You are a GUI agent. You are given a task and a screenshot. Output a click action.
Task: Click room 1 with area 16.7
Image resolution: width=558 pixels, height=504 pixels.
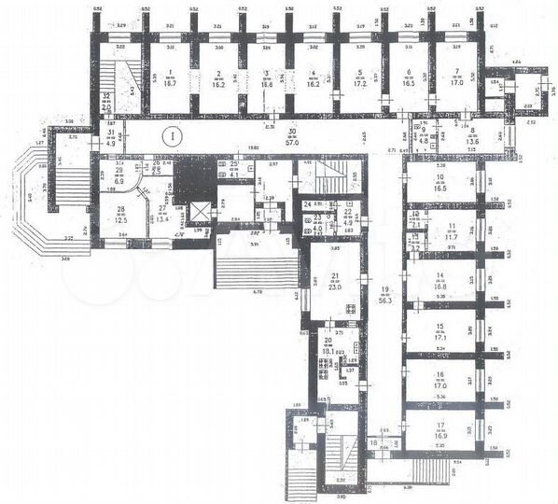click(170, 77)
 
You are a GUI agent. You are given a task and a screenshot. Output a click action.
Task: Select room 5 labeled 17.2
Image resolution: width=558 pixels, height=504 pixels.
click(359, 77)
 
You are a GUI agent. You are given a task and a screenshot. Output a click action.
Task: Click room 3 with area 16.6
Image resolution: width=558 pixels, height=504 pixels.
click(265, 77)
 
